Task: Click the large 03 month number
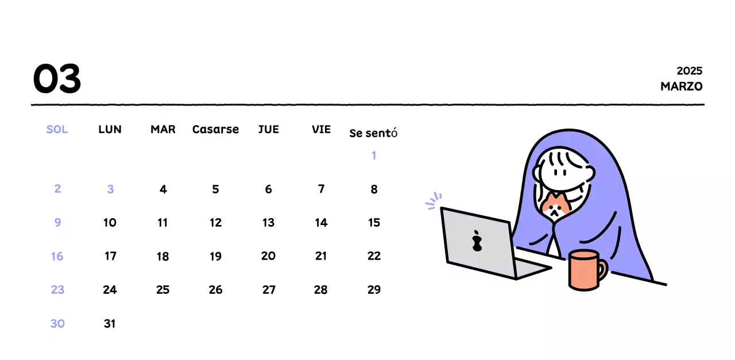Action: point(57,79)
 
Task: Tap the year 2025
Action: point(690,71)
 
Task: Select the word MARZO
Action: point(681,86)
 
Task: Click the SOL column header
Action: point(57,129)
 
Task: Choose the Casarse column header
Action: point(215,129)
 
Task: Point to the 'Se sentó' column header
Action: point(373,133)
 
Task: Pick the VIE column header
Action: point(321,129)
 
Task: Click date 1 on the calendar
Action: point(374,155)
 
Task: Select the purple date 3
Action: point(110,189)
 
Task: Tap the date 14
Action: point(321,223)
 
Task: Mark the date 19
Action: point(215,256)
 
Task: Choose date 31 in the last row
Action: point(110,324)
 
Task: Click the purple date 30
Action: point(57,324)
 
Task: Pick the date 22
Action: point(374,256)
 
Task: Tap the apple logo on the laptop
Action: point(477,241)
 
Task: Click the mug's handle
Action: point(603,270)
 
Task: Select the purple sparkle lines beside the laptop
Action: point(434,200)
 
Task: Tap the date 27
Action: point(269,290)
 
